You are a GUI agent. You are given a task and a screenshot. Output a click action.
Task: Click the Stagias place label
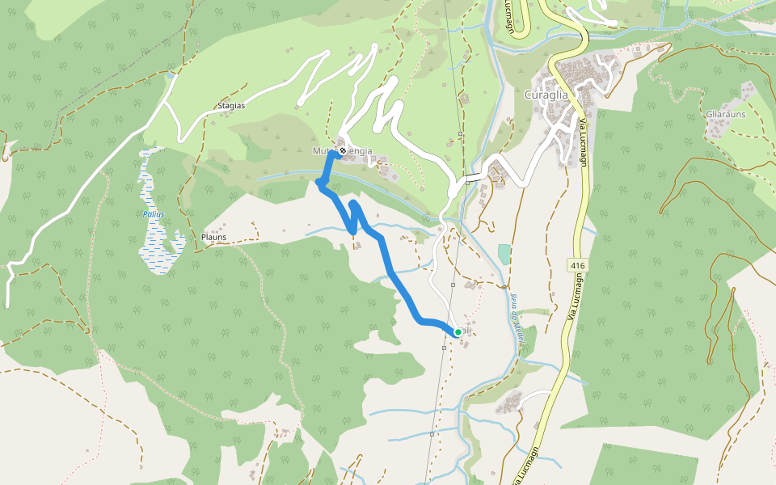tap(231, 106)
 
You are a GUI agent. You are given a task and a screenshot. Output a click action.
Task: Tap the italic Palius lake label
tap(154, 214)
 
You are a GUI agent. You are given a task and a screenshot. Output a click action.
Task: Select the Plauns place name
tap(213, 238)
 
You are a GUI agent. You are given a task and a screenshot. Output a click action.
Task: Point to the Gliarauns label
tap(724, 114)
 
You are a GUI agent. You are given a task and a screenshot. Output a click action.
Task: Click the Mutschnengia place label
tap(343, 151)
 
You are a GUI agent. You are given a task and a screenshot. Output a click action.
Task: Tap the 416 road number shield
tap(576, 265)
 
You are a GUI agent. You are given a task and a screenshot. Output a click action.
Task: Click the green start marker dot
tap(458, 332)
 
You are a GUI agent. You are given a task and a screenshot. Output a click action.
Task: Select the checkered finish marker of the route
tap(343, 150)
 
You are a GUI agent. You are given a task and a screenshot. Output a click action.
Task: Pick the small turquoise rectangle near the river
tap(504, 254)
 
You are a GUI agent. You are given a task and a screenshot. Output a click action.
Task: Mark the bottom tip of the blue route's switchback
tap(353, 232)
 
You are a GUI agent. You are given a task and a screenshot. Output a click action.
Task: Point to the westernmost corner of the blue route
tap(317, 184)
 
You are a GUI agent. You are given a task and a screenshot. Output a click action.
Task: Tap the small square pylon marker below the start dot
tap(445, 348)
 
